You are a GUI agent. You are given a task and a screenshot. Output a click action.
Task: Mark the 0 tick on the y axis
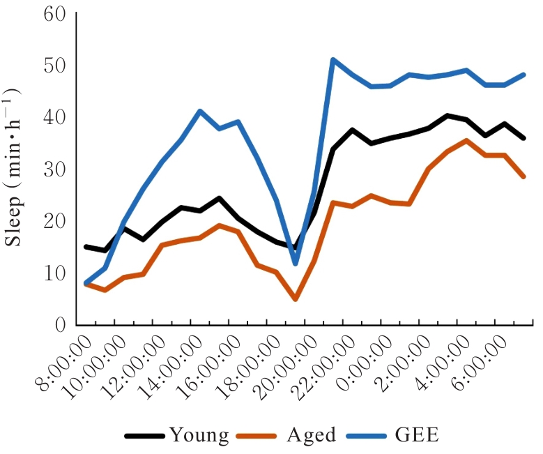point(60,324)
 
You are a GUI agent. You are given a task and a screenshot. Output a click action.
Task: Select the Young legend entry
point(199,436)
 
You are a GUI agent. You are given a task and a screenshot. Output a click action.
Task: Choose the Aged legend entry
point(311,436)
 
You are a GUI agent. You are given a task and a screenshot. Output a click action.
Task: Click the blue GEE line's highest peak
point(333,60)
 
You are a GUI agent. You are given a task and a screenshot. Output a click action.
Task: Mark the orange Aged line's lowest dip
point(295,298)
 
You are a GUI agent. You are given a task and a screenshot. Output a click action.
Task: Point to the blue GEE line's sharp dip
point(295,264)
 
